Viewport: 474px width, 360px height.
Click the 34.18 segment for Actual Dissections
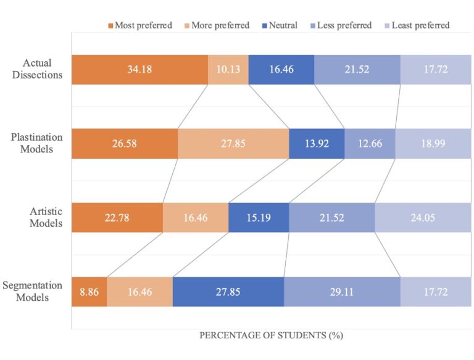pos(139,70)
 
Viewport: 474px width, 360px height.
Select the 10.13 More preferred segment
pos(228,70)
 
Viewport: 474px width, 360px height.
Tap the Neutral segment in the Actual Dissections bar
pos(281,70)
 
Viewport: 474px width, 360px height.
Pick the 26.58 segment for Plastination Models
pos(125,144)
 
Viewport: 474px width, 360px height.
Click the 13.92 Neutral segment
pos(316,144)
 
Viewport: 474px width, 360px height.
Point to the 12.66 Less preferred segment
pos(369,144)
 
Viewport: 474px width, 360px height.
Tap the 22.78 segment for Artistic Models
pos(117,218)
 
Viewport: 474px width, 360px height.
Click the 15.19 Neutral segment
pos(258,218)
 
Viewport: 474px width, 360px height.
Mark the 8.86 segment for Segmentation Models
pos(89,292)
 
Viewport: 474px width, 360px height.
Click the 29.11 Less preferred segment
pos(342,292)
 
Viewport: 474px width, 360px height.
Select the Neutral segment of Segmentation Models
pos(228,292)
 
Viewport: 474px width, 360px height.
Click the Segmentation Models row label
pos(32,291)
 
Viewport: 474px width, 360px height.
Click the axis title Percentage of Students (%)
pos(271,336)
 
